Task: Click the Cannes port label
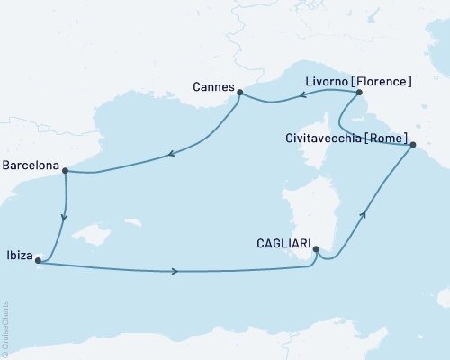click(212, 87)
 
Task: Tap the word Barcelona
click(31, 166)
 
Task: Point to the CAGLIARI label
click(281, 242)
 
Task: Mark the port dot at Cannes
click(240, 91)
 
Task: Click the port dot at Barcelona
click(65, 170)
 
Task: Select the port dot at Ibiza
click(37, 261)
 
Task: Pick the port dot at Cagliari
click(316, 254)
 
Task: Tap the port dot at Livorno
click(358, 92)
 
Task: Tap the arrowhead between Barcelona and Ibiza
click(63, 217)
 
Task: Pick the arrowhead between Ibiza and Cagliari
click(175, 271)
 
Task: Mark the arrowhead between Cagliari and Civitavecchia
click(364, 213)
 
